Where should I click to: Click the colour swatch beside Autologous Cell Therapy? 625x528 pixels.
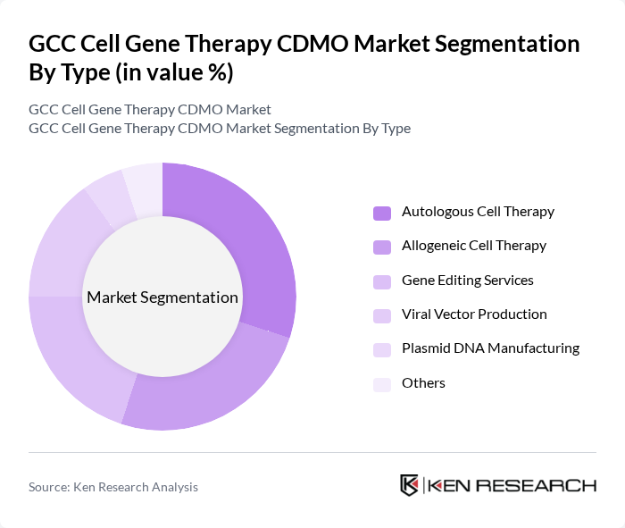(x=382, y=213)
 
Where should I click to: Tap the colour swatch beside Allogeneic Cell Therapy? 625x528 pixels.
(x=382, y=247)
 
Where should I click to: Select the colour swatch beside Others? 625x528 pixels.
(x=382, y=383)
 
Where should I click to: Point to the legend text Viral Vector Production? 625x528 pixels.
(x=474, y=314)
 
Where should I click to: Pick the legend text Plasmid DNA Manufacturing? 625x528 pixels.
(x=490, y=348)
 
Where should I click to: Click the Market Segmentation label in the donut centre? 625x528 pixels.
(x=162, y=298)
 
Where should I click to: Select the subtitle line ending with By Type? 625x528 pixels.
(x=220, y=128)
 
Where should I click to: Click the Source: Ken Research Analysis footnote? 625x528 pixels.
(x=113, y=487)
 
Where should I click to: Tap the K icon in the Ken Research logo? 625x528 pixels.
(x=410, y=485)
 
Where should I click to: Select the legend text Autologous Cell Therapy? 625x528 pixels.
(x=478, y=212)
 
